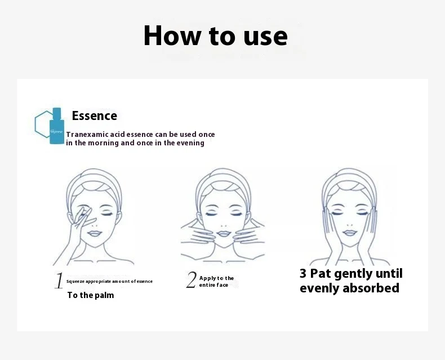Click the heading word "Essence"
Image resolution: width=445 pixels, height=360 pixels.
[x=95, y=116]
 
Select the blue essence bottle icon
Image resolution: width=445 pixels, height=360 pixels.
[x=57, y=126]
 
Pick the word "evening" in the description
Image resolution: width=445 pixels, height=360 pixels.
[x=190, y=143]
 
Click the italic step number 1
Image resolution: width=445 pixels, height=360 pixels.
[x=59, y=281]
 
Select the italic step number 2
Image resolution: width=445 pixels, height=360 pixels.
[x=192, y=280]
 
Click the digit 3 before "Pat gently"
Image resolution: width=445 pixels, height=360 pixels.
[x=303, y=274]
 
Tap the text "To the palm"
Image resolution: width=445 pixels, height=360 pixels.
[x=91, y=295]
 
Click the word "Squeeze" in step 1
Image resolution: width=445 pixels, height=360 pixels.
[x=75, y=282]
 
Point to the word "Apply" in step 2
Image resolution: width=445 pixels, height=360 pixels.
[x=207, y=278]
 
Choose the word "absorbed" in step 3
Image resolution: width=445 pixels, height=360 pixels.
[x=371, y=288]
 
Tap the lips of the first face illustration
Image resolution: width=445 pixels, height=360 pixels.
[x=95, y=234]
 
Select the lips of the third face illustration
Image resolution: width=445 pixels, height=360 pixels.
[x=350, y=233]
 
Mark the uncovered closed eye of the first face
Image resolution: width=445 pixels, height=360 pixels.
[x=107, y=214]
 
